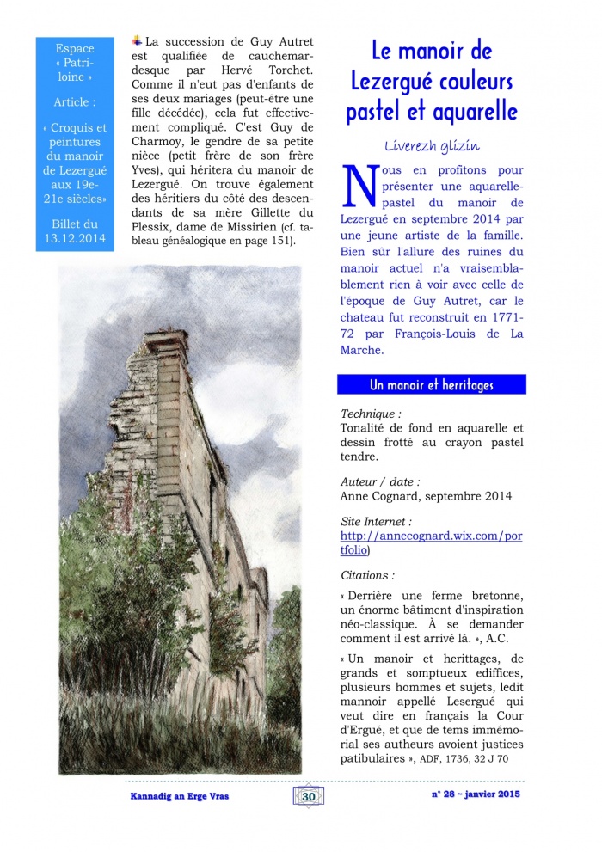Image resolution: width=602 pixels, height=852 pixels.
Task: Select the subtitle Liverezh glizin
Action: click(x=432, y=145)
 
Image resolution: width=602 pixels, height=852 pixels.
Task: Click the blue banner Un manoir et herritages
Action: click(x=432, y=385)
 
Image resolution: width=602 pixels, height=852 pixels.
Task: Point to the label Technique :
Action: click(x=371, y=414)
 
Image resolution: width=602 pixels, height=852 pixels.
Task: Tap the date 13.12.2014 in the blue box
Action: click(x=76, y=238)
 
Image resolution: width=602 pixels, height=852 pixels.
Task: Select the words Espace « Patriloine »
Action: click(x=76, y=62)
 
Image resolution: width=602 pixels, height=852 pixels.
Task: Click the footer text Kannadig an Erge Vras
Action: click(x=174, y=796)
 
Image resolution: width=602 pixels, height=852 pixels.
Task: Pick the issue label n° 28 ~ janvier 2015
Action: click(x=476, y=794)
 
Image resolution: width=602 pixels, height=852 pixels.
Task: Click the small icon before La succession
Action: click(x=137, y=40)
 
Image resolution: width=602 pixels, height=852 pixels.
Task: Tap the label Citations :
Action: click(x=368, y=575)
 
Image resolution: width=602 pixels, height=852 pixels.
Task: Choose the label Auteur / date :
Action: click(x=381, y=482)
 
